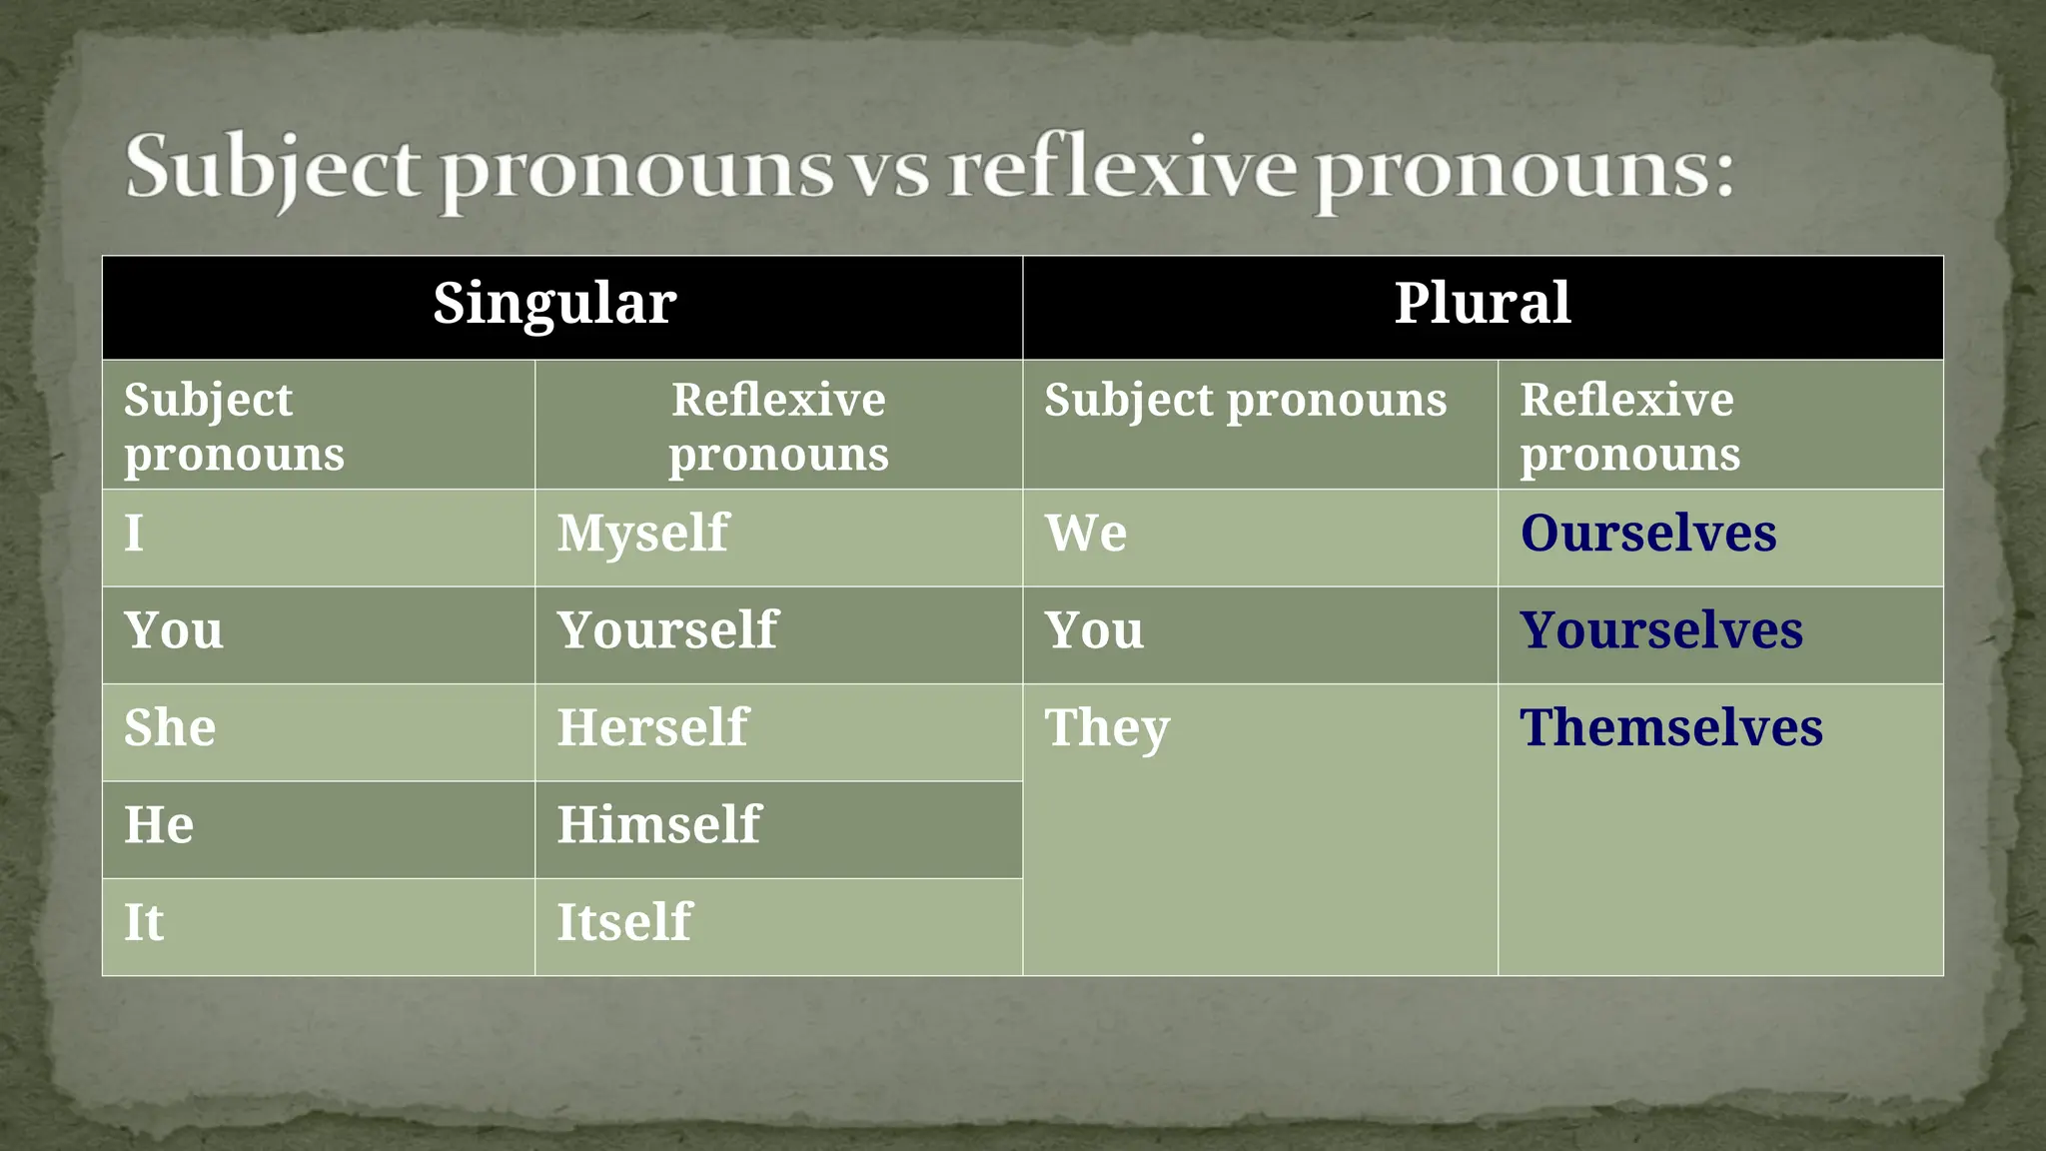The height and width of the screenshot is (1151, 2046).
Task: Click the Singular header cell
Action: [554, 304]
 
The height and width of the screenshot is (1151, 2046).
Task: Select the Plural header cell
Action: [1482, 304]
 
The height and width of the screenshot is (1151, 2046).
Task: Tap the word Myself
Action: [642, 533]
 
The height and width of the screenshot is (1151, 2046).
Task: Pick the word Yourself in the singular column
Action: [667, 630]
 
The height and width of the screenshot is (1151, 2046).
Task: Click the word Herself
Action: [652, 727]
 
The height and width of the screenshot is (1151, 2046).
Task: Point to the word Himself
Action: [658, 825]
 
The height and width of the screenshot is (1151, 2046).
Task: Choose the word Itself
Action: [624, 922]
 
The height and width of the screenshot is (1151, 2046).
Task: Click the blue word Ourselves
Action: [1648, 533]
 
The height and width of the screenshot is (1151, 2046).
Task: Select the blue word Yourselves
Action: [1661, 630]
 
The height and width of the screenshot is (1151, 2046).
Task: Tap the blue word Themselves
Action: [1671, 727]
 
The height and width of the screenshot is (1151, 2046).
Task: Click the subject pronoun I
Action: [134, 533]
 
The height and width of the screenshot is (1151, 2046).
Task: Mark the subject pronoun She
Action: [170, 727]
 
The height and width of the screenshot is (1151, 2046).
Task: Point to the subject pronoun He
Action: [159, 825]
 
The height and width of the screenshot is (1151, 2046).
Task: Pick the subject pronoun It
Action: [144, 922]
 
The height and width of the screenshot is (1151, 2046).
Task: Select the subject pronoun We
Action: [1086, 533]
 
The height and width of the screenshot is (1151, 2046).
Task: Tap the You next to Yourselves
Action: [1094, 630]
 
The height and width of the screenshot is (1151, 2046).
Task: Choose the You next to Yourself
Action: [174, 630]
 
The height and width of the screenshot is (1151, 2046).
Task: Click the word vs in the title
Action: [888, 170]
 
